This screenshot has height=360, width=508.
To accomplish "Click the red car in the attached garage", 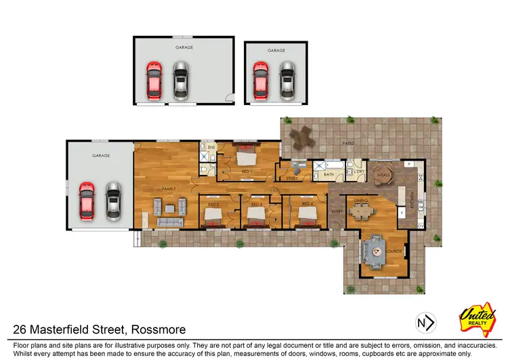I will (x=86, y=201).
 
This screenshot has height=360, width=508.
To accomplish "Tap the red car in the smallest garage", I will (x=260, y=79).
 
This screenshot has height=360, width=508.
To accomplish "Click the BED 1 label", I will (x=247, y=172).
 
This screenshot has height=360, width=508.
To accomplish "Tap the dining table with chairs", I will (x=362, y=212).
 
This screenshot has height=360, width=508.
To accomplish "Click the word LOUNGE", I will (x=394, y=252).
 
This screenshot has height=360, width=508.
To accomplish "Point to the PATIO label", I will (x=350, y=144).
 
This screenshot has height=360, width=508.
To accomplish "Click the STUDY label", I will (x=291, y=178).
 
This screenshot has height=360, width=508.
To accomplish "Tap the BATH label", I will (x=329, y=175).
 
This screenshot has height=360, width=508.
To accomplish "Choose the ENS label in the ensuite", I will (x=211, y=146).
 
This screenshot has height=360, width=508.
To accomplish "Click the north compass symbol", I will (x=425, y=323).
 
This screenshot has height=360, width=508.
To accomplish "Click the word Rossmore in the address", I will (x=148, y=330).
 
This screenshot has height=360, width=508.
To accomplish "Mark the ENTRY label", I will (x=337, y=212).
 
